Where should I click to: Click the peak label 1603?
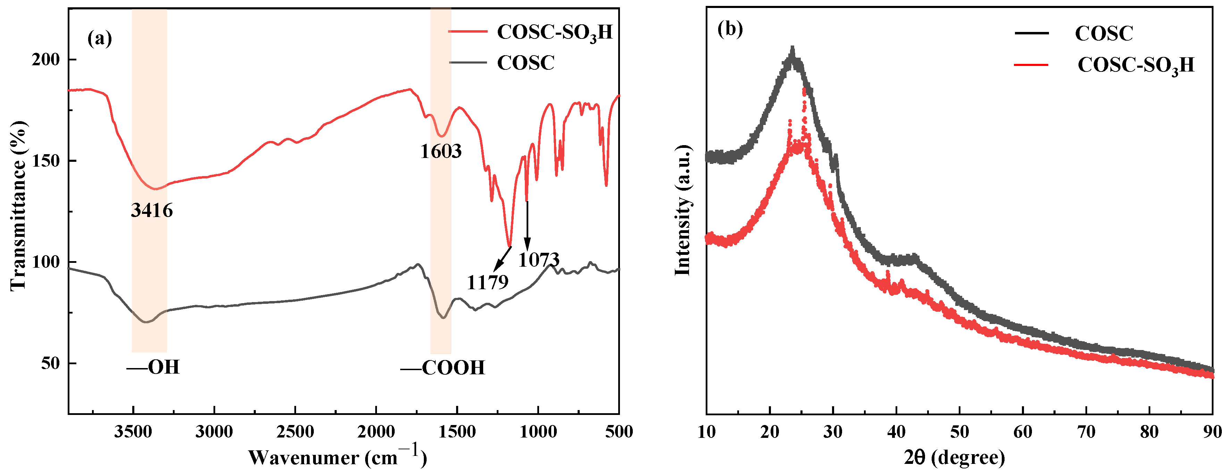click(441, 151)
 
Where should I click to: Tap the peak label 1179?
click(487, 283)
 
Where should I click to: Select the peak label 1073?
click(538, 260)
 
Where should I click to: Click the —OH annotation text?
click(153, 367)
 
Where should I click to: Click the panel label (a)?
click(100, 38)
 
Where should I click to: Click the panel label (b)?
click(730, 30)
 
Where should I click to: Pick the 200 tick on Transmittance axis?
click(46, 59)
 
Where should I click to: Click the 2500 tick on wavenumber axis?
click(295, 432)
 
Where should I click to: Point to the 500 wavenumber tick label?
click(619, 432)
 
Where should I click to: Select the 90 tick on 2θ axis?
click(1212, 432)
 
